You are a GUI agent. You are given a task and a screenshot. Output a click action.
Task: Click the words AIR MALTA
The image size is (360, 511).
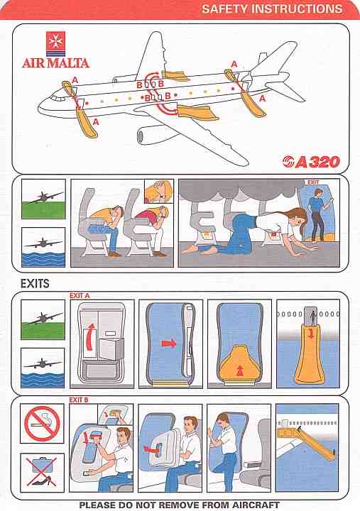[x=56, y=63]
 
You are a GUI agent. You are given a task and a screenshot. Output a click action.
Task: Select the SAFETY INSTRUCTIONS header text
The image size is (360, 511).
[x=272, y=9]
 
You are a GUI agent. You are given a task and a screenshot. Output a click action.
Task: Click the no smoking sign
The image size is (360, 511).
[x=42, y=423]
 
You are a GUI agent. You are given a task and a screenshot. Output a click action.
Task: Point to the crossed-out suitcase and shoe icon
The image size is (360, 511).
[x=42, y=473]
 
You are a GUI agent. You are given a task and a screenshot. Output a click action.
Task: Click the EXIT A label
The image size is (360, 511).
[x=80, y=295]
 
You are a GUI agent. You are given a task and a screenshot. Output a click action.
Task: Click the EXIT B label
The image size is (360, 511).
[x=79, y=400]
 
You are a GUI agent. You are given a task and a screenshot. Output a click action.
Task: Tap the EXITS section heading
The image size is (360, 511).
[x=35, y=283]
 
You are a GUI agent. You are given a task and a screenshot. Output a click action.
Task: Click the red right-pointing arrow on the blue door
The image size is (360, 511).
[x=169, y=344]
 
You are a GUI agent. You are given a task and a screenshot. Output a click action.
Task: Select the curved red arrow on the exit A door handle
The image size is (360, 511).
[x=89, y=336]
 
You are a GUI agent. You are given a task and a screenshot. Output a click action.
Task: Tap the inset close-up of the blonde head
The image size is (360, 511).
[x=159, y=192]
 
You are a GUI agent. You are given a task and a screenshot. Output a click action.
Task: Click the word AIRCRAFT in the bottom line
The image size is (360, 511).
[x=256, y=505]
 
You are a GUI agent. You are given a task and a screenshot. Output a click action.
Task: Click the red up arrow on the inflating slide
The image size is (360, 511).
[x=240, y=370]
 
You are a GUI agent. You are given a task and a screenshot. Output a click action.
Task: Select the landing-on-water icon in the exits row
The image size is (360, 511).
[x=43, y=368]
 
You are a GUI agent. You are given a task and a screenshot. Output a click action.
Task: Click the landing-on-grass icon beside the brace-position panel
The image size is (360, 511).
[x=44, y=199]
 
